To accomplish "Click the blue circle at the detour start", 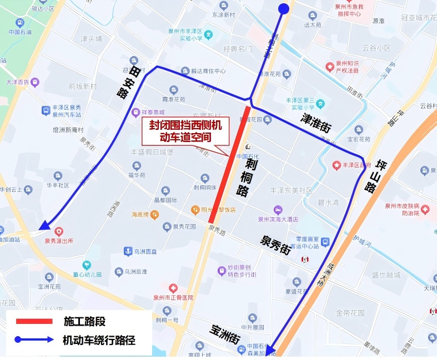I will click(283, 8).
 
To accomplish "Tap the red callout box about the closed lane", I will click(184, 131).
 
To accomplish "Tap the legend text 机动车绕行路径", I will click(99, 339).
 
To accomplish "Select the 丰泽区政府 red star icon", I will click(336, 165).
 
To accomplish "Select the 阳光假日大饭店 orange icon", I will click(195, 210).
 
